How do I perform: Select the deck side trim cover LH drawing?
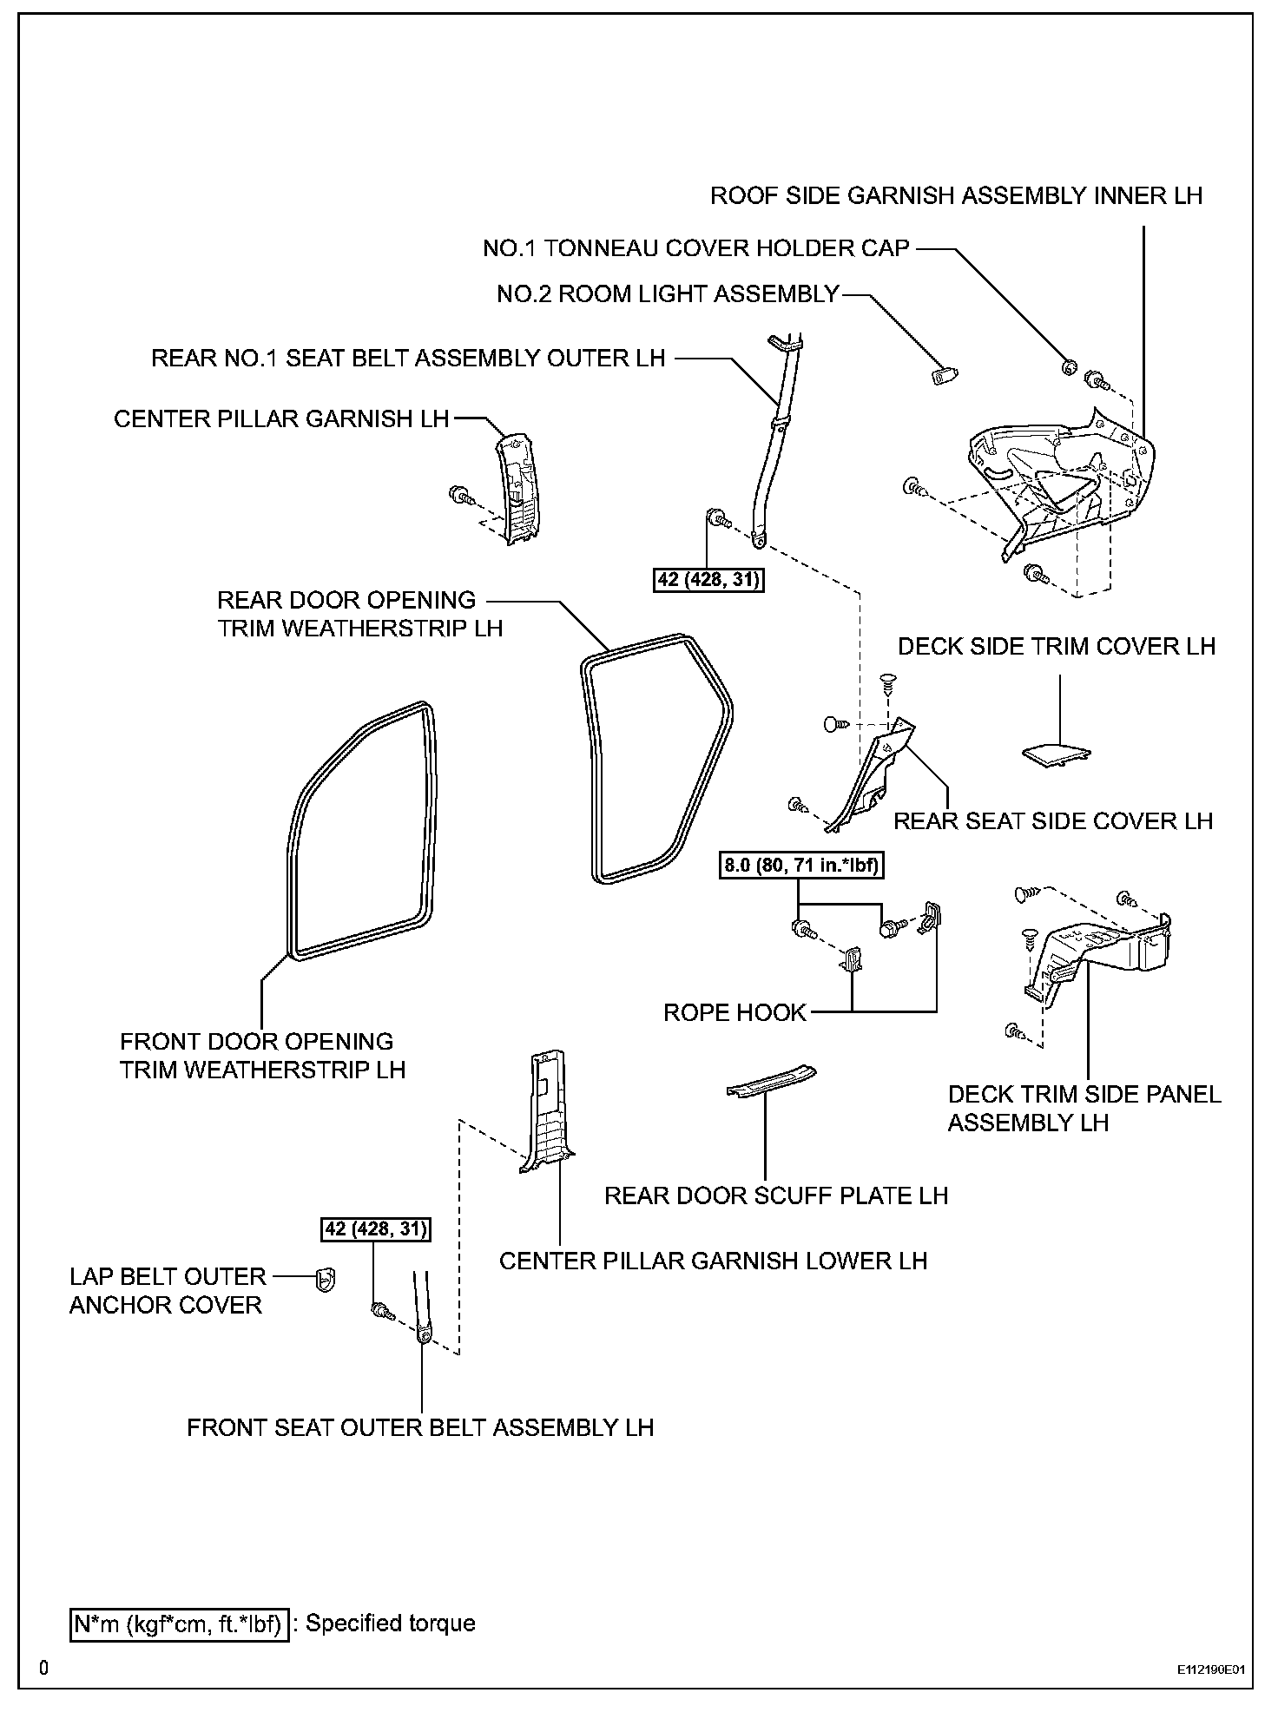pos(1057,754)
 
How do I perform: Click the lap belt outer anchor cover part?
pos(326,1279)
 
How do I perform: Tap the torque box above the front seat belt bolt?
pos(376,1229)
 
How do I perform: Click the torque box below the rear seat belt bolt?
pos(708,578)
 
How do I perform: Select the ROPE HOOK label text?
pos(735,1012)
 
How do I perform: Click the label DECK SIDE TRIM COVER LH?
pos(1056,647)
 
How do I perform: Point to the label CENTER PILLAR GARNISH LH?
pos(281,419)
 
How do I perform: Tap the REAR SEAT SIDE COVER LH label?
pos(1052,821)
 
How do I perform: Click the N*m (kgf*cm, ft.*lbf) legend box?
pos(178,1623)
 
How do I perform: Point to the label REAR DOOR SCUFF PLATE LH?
pos(775,1195)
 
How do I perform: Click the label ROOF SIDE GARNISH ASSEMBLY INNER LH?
pos(956,196)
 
